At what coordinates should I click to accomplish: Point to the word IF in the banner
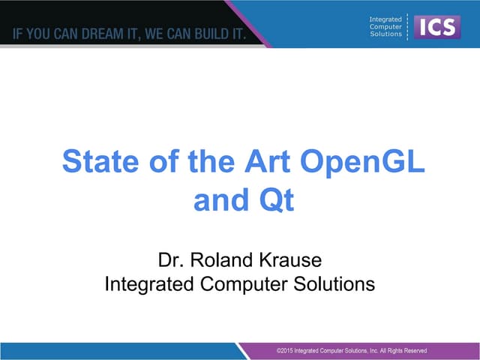pos(16,34)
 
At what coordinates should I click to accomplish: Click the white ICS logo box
pos(436,28)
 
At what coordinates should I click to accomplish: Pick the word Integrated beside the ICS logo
pos(386,19)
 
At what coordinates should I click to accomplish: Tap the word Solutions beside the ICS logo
pos(385,35)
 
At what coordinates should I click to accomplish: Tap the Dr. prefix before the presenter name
pos(170,261)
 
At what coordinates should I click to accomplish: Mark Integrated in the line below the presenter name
pos(147,284)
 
